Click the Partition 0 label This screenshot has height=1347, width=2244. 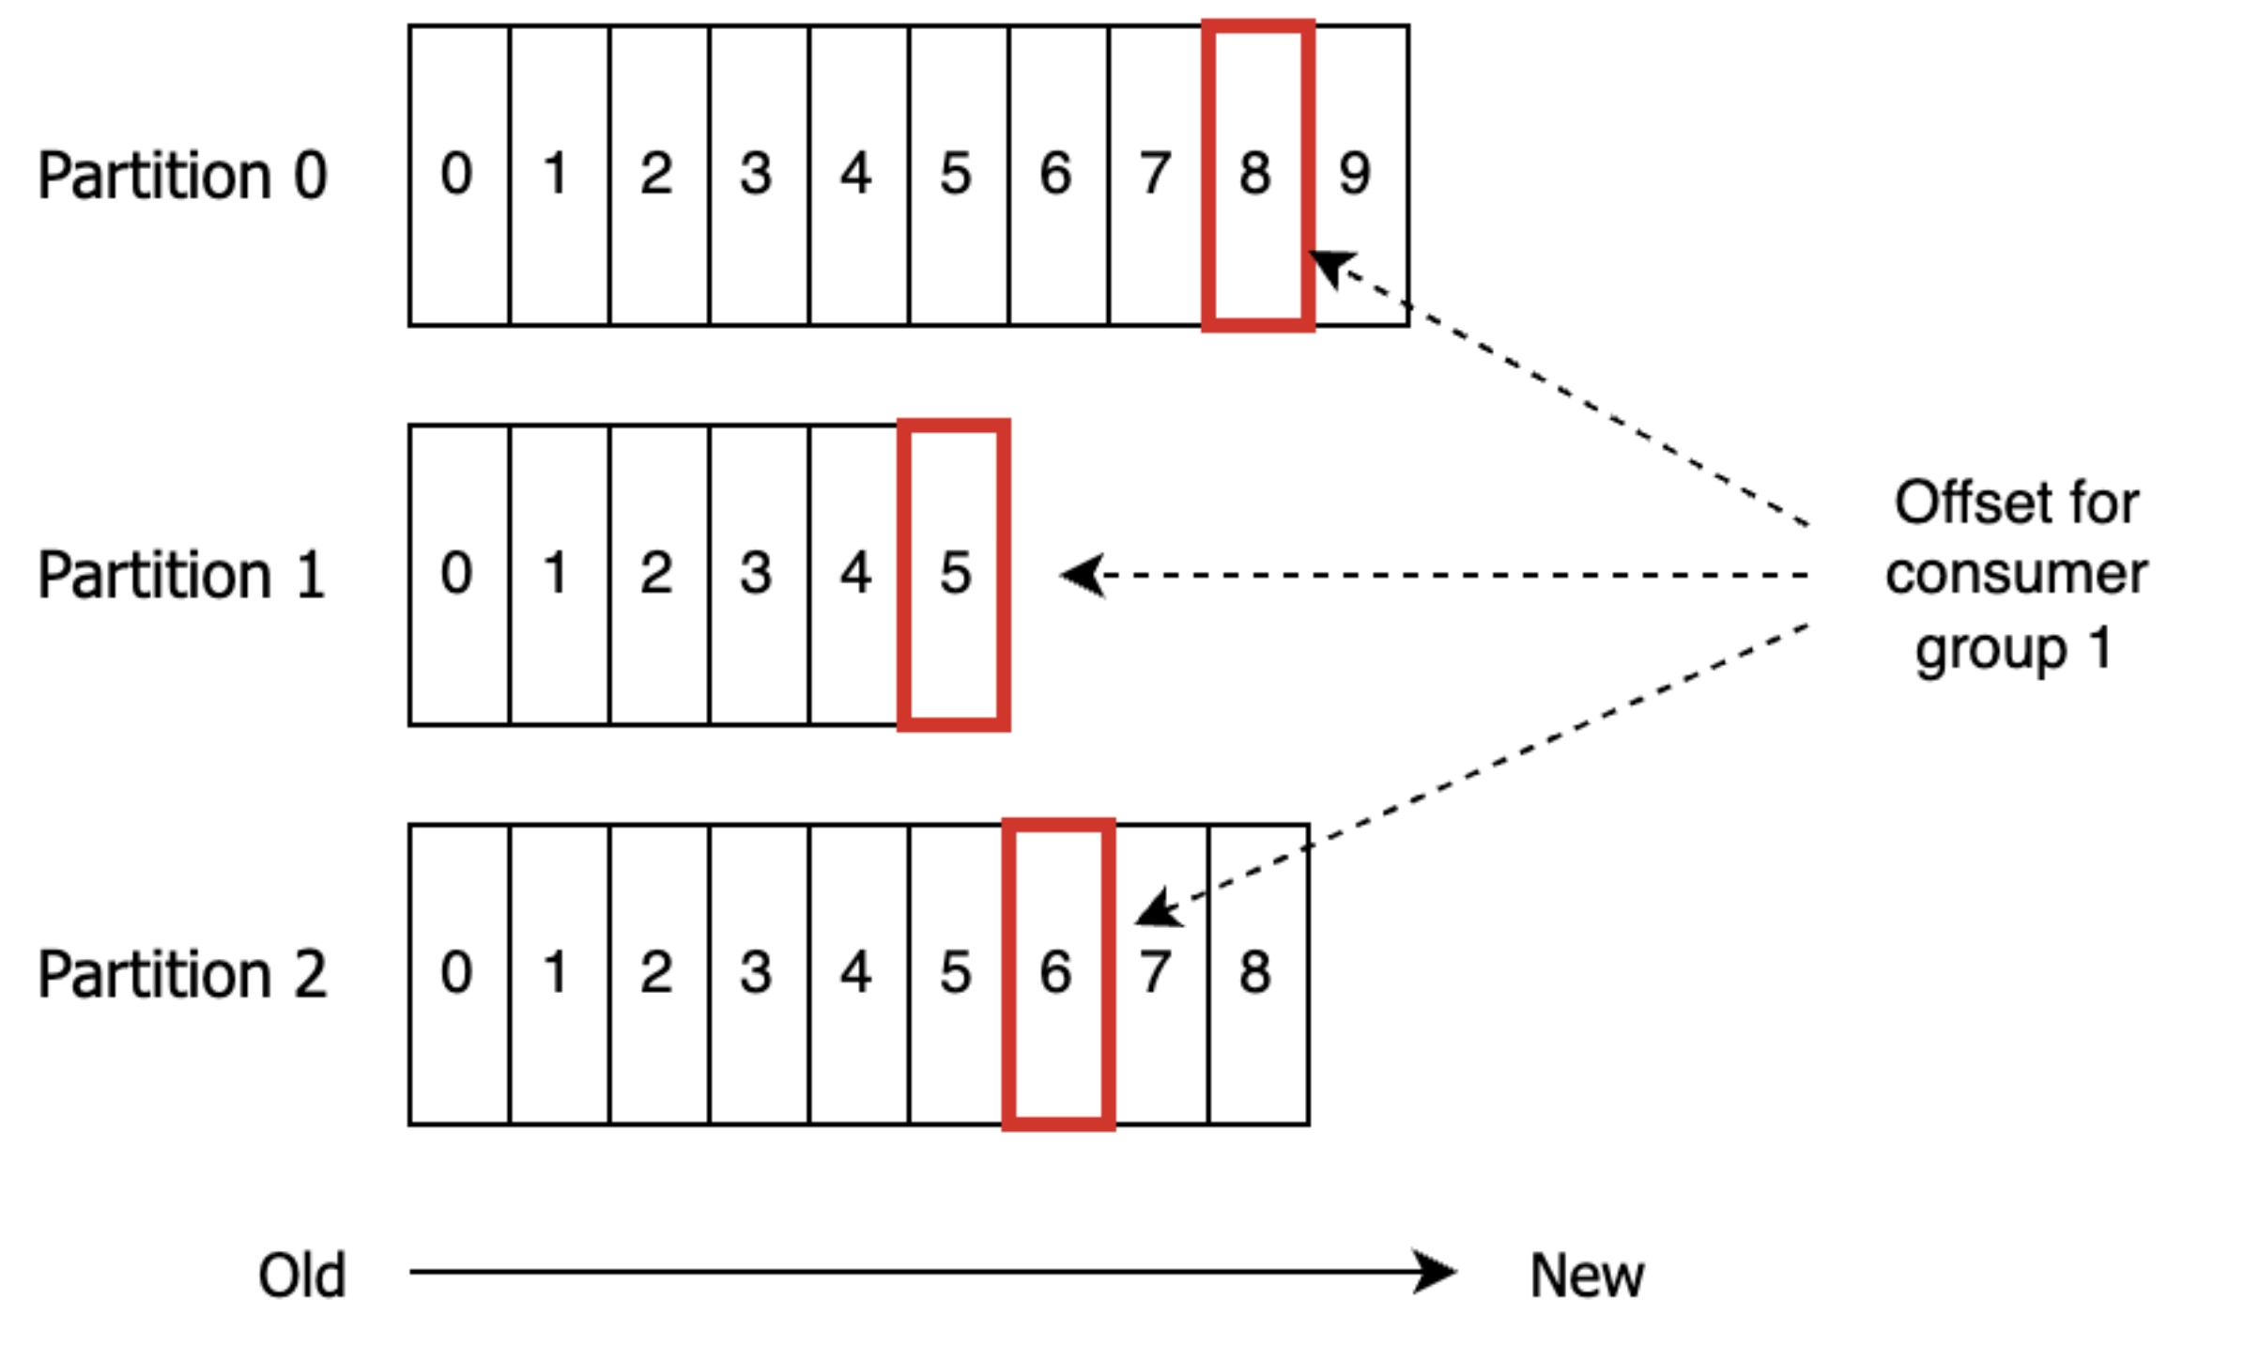[x=182, y=176]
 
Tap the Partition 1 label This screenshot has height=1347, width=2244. [x=182, y=574]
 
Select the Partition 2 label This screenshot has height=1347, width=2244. [x=182, y=974]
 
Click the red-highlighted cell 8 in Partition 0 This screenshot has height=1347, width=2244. [x=1256, y=176]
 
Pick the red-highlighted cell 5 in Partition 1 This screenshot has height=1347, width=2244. [x=954, y=574]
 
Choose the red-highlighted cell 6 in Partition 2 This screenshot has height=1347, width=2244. [x=1057, y=974]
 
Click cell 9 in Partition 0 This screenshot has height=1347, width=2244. [x=1358, y=176]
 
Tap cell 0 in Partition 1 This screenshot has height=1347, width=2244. [x=458, y=574]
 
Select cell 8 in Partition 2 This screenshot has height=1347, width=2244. [x=1258, y=974]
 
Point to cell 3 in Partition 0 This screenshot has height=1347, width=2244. [x=757, y=176]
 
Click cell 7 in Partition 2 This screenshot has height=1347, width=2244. [x=1159, y=974]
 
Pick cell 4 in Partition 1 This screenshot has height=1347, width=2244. [x=856, y=574]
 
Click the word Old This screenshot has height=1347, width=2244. [x=302, y=1276]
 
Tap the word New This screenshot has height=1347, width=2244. [x=1587, y=1276]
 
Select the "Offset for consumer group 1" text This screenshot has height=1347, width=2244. [x=2015, y=575]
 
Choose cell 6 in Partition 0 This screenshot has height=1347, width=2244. [x=1057, y=176]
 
